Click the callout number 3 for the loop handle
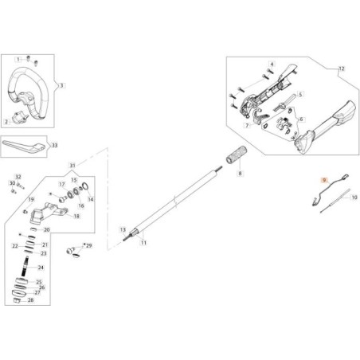(x=63, y=85)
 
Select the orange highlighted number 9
(x=324, y=181)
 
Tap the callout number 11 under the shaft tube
(x=143, y=242)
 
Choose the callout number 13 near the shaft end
(x=123, y=229)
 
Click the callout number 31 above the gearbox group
(x=73, y=166)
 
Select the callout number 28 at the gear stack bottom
(x=30, y=302)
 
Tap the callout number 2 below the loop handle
(x=7, y=122)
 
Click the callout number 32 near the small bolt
(x=19, y=176)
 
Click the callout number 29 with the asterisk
(x=88, y=246)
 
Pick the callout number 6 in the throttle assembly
(x=301, y=119)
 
